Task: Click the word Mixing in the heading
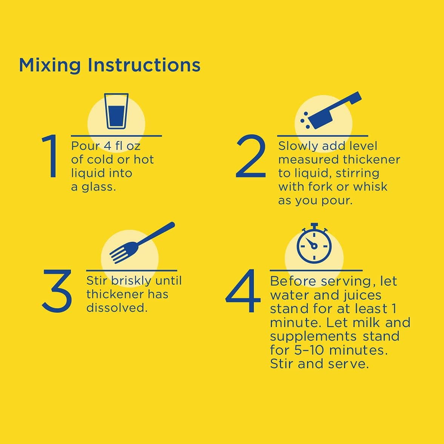click(x=50, y=66)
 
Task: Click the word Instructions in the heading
click(x=144, y=65)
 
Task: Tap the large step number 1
click(x=50, y=156)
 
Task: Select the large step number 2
click(x=251, y=156)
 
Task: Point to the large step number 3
click(x=57, y=291)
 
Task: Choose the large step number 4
click(x=243, y=291)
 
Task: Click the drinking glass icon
click(x=116, y=111)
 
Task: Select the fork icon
click(x=142, y=243)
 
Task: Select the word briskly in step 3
click(x=131, y=281)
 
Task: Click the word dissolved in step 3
click(x=117, y=308)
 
